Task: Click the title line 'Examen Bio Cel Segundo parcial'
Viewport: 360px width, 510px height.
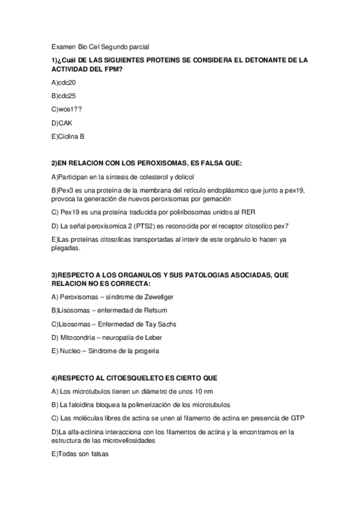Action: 100,46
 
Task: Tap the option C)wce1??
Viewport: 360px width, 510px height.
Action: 67,109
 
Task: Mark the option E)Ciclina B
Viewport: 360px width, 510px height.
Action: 68,137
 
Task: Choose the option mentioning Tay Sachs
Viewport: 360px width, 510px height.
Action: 114,324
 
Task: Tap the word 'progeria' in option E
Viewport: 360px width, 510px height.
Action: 145,351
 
